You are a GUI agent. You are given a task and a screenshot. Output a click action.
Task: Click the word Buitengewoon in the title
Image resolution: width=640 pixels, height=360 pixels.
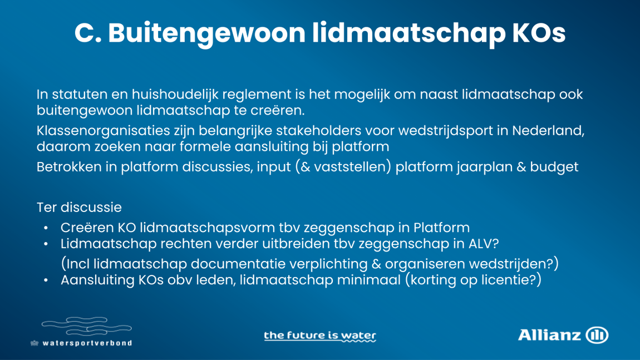(x=206, y=33)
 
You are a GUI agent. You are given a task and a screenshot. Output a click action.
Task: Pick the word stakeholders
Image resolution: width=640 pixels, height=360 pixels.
(x=319, y=131)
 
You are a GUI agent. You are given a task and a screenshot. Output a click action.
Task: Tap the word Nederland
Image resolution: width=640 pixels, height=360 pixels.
(x=548, y=131)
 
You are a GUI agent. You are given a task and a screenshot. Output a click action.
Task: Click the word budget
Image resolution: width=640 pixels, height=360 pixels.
(x=554, y=167)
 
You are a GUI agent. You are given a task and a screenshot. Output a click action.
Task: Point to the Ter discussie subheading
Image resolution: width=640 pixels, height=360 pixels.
(x=79, y=208)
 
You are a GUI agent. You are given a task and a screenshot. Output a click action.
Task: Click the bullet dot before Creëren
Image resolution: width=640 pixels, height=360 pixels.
(x=46, y=228)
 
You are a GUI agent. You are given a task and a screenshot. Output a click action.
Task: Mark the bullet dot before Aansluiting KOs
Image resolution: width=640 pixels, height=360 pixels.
(x=46, y=280)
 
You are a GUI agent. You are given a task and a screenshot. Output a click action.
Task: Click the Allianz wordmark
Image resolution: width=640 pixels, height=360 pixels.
(x=549, y=335)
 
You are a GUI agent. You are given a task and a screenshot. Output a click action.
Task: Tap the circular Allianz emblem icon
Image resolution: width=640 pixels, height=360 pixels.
(x=597, y=335)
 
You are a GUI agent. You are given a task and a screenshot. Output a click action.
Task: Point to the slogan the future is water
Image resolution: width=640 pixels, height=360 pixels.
(x=320, y=336)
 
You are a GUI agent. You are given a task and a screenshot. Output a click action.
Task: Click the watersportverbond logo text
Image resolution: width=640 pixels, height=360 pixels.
(x=87, y=343)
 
